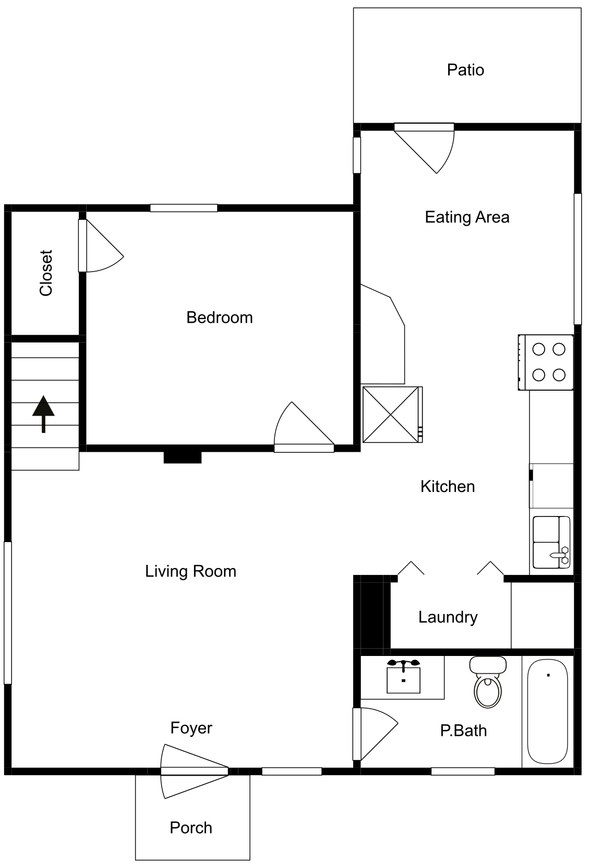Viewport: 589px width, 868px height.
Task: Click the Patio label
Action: [465, 70]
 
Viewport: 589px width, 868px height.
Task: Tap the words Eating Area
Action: [467, 217]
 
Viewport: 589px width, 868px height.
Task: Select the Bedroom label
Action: [220, 318]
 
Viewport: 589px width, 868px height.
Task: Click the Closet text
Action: [46, 273]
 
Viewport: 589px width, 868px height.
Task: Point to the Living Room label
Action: [190, 571]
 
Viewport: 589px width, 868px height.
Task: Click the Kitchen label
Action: [448, 487]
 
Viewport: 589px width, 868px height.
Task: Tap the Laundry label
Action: [448, 617]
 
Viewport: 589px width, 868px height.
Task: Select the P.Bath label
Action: [463, 731]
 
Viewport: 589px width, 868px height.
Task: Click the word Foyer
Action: [191, 729]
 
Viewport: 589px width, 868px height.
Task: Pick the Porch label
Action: [191, 828]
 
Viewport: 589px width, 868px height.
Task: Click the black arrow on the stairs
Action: [43, 414]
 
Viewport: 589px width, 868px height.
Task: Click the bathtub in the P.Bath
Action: [548, 712]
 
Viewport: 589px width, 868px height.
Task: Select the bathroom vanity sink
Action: [403, 676]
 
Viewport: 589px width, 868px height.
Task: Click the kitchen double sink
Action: [551, 542]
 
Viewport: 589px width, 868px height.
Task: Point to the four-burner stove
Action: [546, 362]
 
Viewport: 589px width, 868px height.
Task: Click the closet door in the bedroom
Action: [100, 245]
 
